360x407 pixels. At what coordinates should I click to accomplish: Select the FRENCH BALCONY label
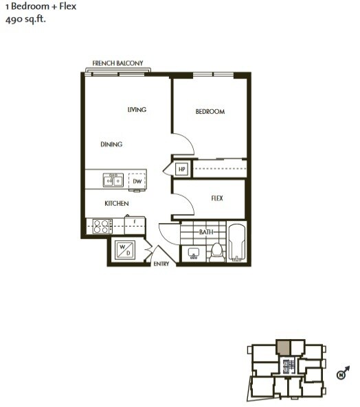pyautogui.click(x=117, y=63)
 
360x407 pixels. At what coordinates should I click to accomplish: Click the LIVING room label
pyautogui.click(x=137, y=110)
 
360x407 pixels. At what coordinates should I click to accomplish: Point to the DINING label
pyautogui.click(x=111, y=144)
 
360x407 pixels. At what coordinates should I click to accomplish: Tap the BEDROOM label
pyautogui.click(x=210, y=111)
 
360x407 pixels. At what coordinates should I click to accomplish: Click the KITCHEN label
pyautogui.click(x=116, y=203)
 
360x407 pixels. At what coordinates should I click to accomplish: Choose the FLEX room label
pyautogui.click(x=217, y=198)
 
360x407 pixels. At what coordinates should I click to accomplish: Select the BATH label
pyautogui.click(x=206, y=233)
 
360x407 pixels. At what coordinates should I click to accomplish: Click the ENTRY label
pyautogui.click(x=161, y=264)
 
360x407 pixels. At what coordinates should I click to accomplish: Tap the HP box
pyautogui.click(x=183, y=169)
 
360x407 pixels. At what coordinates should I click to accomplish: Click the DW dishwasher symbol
pyautogui.click(x=137, y=181)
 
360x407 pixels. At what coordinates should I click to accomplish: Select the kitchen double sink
pyautogui.click(x=113, y=180)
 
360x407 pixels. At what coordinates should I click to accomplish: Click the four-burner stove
pyautogui.click(x=102, y=226)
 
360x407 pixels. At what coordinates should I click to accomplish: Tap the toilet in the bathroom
pyautogui.click(x=216, y=252)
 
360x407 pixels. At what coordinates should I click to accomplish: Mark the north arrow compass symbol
pyautogui.click(x=341, y=374)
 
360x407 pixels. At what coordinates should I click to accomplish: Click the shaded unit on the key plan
pyautogui.click(x=284, y=346)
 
